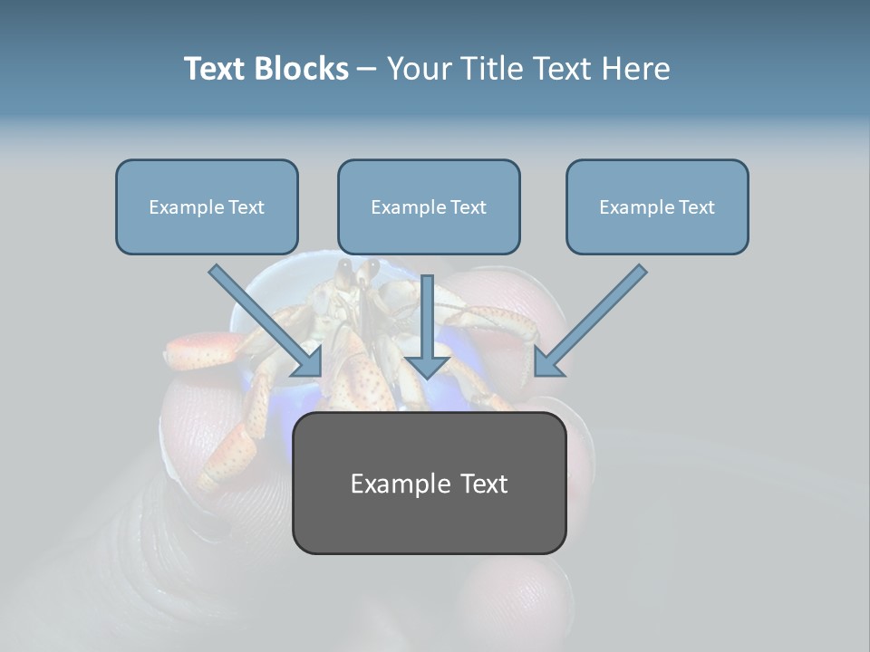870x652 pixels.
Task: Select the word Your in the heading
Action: [418, 69]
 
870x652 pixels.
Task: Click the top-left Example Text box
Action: [207, 206]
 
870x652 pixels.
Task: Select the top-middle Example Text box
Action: [429, 206]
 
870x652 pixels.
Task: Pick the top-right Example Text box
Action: [657, 206]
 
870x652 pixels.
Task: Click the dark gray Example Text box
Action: [429, 483]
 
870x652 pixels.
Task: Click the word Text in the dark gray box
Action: [481, 484]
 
